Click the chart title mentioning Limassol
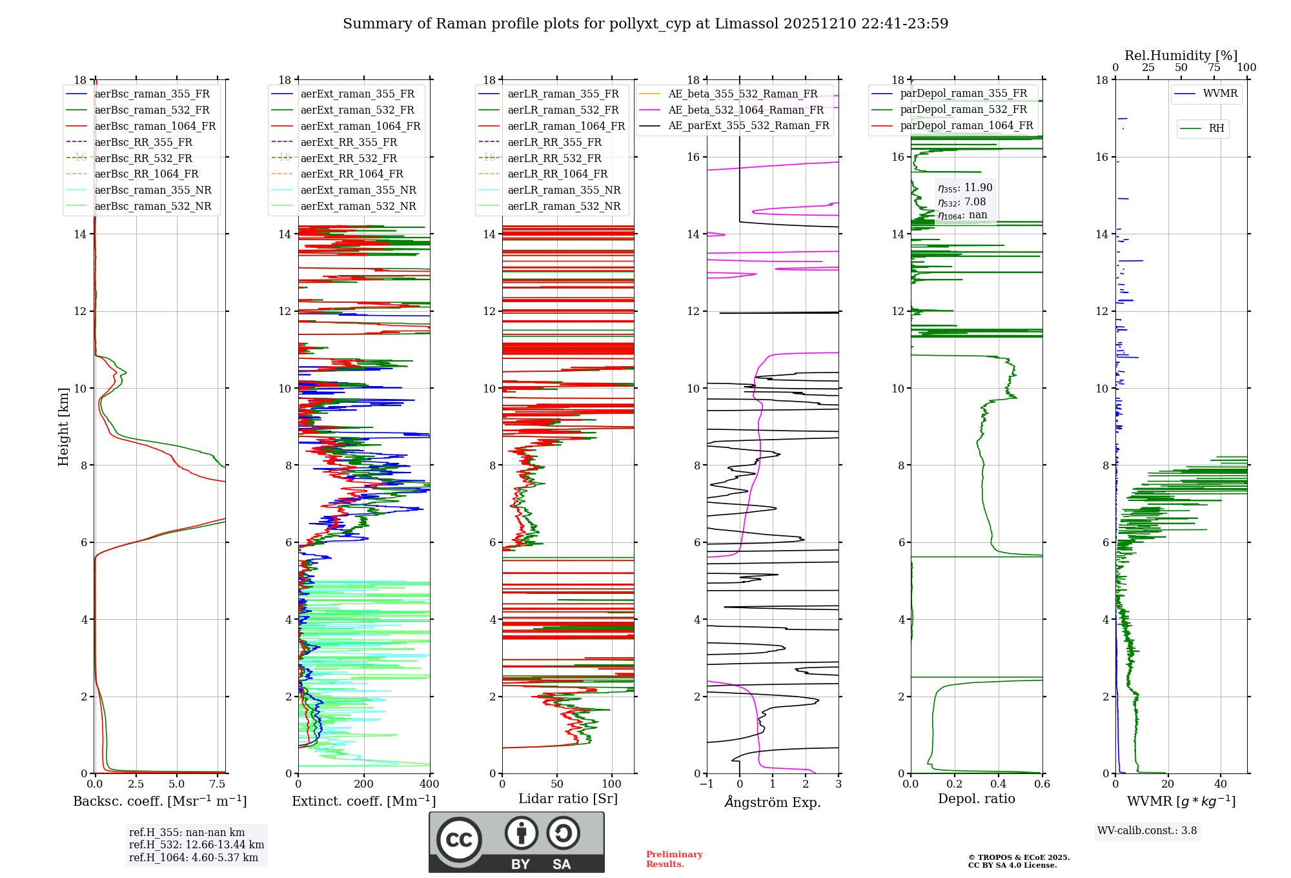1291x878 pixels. pyautogui.click(x=645, y=24)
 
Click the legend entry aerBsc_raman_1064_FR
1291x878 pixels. pyautogui.click(x=155, y=127)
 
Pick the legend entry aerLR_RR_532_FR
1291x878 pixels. pyautogui.click(x=554, y=158)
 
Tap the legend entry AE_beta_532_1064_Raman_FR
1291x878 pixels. pyautogui.click(x=746, y=110)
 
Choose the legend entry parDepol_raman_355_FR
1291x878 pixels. pyautogui.click(x=963, y=94)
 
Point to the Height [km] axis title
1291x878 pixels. pyautogui.click(x=63, y=427)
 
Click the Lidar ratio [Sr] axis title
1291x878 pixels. pyautogui.click(x=568, y=799)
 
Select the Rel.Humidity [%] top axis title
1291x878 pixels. pyautogui.click(x=1181, y=56)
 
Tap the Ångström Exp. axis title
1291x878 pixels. pyautogui.click(x=773, y=802)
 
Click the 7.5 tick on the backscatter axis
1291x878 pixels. pyautogui.click(x=218, y=784)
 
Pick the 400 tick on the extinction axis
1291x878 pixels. pyautogui.click(x=430, y=784)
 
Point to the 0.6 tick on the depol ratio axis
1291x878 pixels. pyautogui.click(x=1042, y=784)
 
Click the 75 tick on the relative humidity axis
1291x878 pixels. pyautogui.click(x=1214, y=68)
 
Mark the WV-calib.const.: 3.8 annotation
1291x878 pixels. pyautogui.click(x=1147, y=831)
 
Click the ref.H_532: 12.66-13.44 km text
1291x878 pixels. pyautogui.click(x=196, y=845)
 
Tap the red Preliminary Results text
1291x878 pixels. pyautogui.click(x=674, y=859)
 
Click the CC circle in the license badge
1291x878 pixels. pyautogui.click(x=459, y=840)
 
